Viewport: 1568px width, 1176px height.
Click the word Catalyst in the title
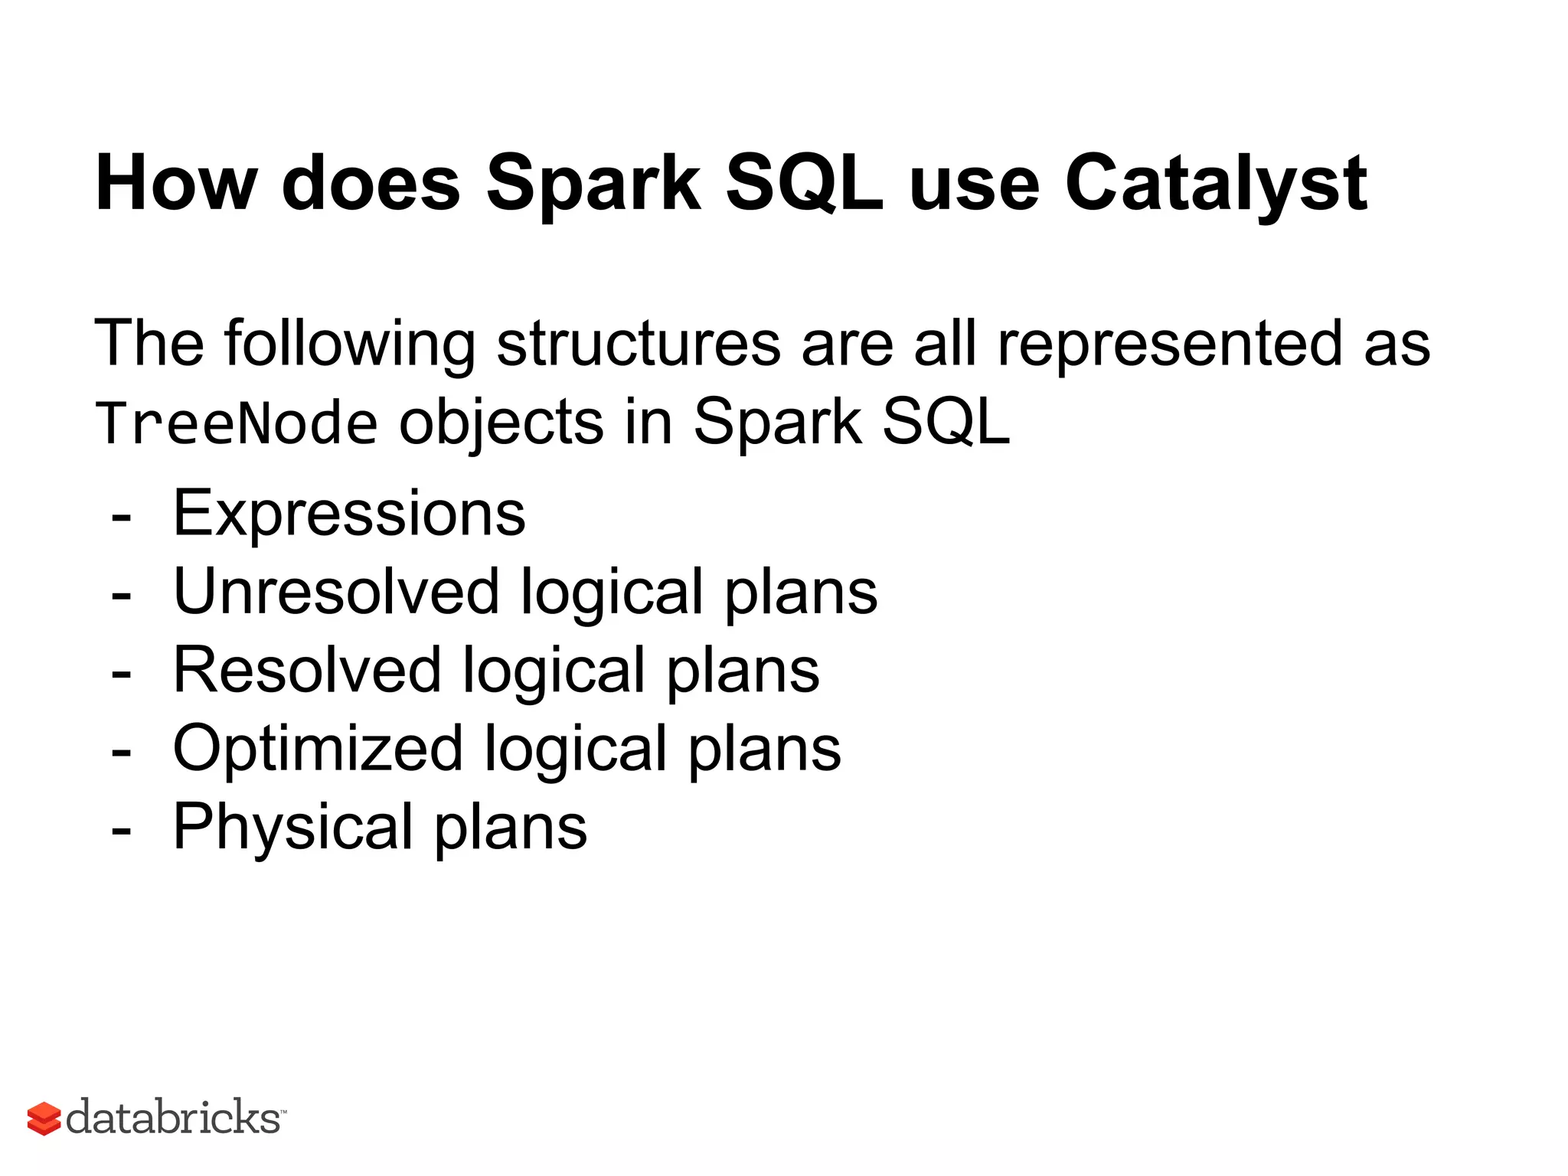(1215, 184)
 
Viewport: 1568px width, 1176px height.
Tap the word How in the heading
(176, 184)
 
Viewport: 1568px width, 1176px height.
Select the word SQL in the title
(804, 184)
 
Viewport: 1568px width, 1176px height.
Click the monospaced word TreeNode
(237, 423)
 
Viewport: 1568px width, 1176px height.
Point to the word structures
(639, 344)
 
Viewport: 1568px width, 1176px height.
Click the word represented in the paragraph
(1170, 344)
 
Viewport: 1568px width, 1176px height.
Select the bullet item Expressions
(349, 514)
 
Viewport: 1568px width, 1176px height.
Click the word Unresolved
(336, 592)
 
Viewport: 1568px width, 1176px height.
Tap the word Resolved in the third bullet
(307, 671)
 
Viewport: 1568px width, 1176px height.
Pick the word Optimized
(318, 749)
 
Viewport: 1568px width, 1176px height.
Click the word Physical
(293, 827)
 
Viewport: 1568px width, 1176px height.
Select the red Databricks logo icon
(44, 1119)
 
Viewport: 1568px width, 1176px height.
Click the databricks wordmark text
(174, 1117)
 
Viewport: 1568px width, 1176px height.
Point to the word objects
(501, 423)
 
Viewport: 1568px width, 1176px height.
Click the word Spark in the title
(593, 184)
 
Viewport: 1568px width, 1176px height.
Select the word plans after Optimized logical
(765, 749)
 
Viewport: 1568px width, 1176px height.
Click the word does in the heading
(371, 184)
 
